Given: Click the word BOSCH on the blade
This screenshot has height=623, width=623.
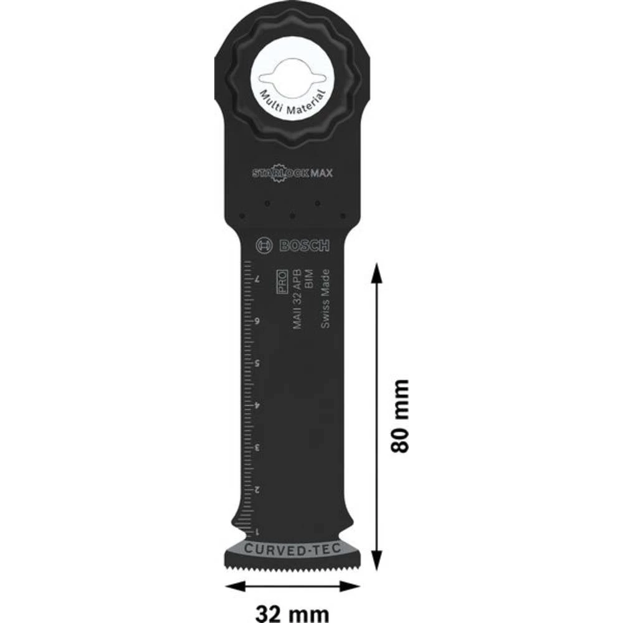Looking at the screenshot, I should coord(303,246).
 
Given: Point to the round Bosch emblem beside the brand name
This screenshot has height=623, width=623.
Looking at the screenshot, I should coord(264,246).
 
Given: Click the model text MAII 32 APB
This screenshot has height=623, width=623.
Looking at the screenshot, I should coord(297,298).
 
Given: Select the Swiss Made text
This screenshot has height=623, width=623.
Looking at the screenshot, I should coord(324,298).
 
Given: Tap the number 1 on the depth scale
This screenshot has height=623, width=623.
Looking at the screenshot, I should coord(257,531).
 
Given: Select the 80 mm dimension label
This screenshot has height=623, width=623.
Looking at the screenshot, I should coord(399,416).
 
